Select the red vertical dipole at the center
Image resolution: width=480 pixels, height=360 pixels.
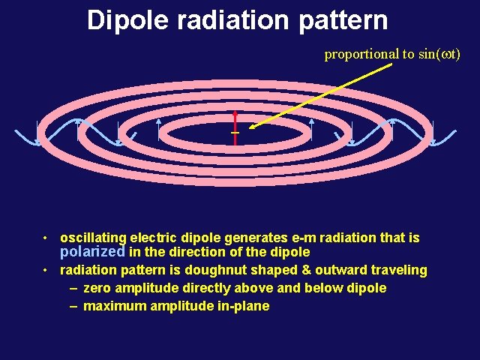point(235,129)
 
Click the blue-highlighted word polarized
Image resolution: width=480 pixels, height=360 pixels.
point(92,252)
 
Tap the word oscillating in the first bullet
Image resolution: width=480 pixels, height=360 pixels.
point(93,238)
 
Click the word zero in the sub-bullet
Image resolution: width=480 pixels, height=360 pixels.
point(97,288)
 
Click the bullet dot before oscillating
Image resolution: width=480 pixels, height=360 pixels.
point(46,238)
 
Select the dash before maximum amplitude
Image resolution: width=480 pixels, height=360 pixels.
point(73,306)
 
